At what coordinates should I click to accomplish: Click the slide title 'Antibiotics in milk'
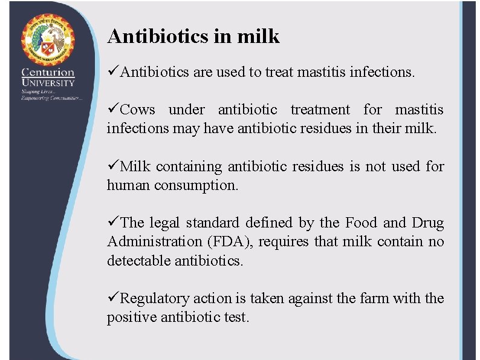coord(193,36)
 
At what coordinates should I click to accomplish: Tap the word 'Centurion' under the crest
coord(48,72)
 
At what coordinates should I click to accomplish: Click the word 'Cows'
coord(138,110)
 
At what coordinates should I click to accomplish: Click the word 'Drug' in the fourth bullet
coord(428,223)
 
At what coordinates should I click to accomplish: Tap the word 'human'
coord(129,186)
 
